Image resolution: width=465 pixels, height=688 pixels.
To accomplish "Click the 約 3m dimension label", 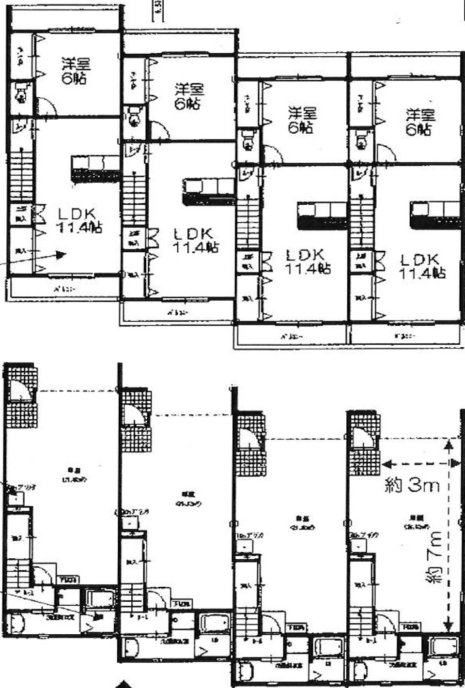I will [412, 484].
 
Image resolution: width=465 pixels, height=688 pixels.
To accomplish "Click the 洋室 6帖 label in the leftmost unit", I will [76, 71].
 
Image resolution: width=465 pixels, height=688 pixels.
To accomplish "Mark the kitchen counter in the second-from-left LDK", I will [208, 192].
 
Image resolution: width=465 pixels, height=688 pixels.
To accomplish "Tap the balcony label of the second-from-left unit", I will [177, 313].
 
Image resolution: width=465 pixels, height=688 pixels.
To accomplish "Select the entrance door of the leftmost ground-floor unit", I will [22, 391].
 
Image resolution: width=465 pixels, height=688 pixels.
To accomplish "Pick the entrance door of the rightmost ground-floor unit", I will [363, 438].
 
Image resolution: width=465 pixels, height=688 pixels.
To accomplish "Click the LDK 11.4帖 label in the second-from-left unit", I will [196, 240].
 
